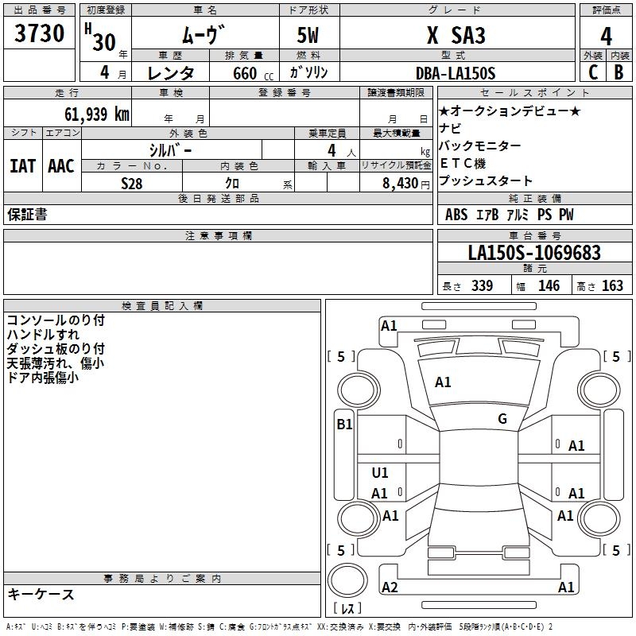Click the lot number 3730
click(x=40, y=34)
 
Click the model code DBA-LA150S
click(x=456, y=73)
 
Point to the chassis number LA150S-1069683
click(x=533, y=254)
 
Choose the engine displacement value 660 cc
click(x=242, y=73)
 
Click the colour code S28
click(x=132, y=183)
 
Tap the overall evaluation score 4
click(x=606, y=36)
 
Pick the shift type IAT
click(x=22, y=166)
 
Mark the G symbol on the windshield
click(x=502, y=419)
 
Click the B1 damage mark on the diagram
click(x=344, y=425)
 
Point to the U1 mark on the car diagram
click(x=380, y=473)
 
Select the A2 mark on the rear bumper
click(x=390, y=588)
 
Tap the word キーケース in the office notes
click(x=41, y=594)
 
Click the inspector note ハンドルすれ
click(x=43, y=335)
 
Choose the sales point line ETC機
click(x=463, y=163)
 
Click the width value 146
click(x=549, y=286)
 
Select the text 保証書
click(x=27, y=215)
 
